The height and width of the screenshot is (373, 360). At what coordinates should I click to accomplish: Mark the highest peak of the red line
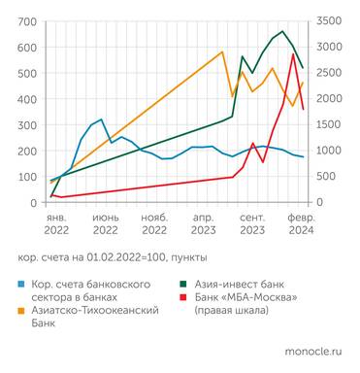click(293, 54)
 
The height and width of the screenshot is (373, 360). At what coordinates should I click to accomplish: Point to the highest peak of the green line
click(282, 31)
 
